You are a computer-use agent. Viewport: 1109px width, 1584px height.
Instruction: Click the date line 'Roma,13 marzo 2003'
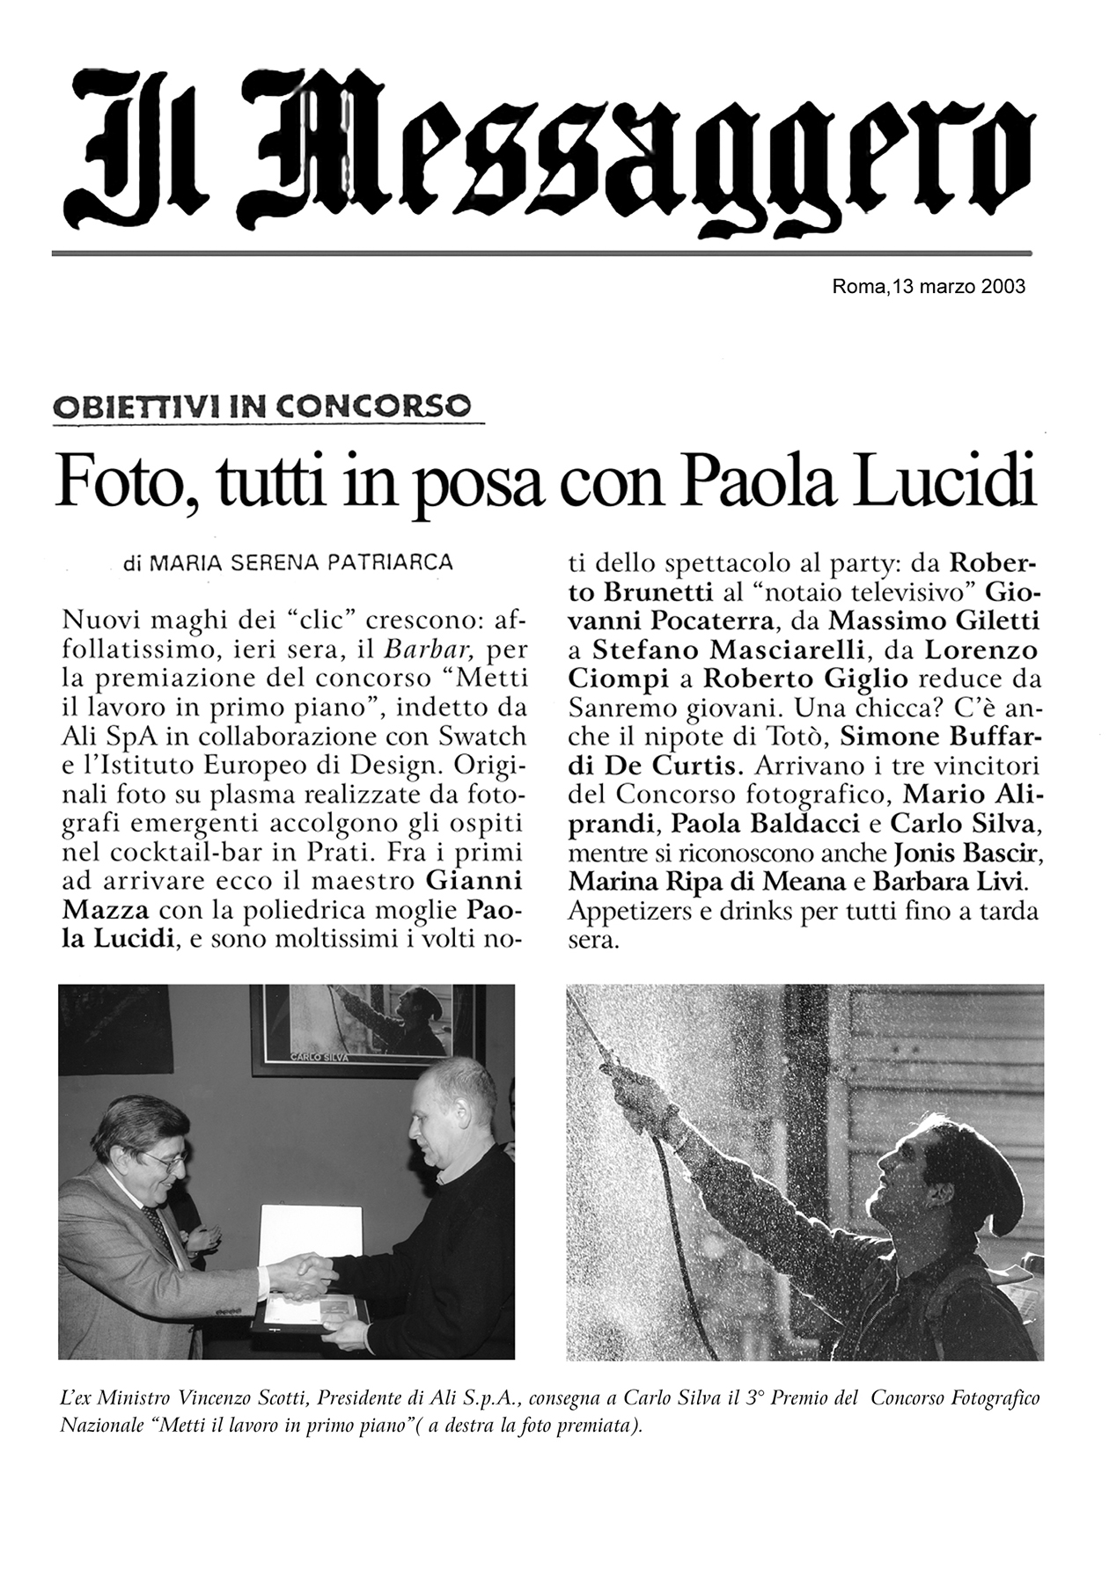(x=929, y=287)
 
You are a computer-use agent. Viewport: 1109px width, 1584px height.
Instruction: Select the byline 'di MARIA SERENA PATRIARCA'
(x=289, y=561)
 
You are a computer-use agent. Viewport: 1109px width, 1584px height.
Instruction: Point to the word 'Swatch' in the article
(x=482, y=736)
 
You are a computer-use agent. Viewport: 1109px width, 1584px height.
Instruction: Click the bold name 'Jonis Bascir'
(x=967, y=853)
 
